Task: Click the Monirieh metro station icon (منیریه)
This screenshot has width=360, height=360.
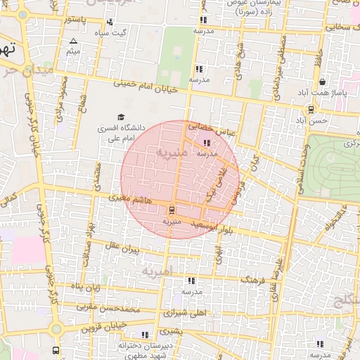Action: [171, 210]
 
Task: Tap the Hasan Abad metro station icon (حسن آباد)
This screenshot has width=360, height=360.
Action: [311, 109]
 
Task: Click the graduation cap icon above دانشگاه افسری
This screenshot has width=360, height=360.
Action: [120, 117]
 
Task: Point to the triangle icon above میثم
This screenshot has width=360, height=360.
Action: [74, 41]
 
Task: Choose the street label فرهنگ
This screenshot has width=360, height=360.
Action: [250, 280]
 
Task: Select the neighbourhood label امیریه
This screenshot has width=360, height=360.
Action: [157, 271]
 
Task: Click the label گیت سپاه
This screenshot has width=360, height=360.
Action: [114, 33]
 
